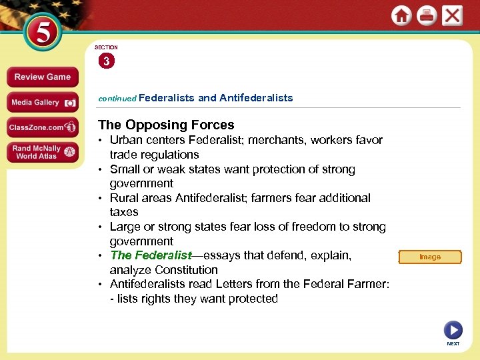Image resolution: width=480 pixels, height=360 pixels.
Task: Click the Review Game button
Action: pos(42,77)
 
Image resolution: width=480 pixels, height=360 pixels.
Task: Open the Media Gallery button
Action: pos(42,103)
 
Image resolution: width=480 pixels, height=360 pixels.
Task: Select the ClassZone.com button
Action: pos(42,127)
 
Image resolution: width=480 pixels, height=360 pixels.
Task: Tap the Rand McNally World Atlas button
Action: pos(42,152)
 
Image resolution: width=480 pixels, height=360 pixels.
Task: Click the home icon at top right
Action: pos(401,16)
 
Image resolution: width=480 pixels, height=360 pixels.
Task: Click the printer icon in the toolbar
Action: pos(427,16)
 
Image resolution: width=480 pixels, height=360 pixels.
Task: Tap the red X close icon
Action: pos(452,15)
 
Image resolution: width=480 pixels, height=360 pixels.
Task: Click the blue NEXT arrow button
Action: pos(453,329)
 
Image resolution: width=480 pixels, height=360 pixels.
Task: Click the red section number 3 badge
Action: pos(106,62)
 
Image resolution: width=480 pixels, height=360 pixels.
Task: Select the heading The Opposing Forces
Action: pos(166,125)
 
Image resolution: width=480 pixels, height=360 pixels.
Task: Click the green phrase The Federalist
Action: pos(151,255)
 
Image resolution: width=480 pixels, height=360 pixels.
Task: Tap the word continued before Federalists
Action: pos(117,99)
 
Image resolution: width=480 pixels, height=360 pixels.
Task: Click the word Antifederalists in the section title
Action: pos(256,98)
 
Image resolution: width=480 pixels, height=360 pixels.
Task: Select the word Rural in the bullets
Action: pos(125,198)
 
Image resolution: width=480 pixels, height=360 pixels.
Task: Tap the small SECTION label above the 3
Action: pos(106,47)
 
